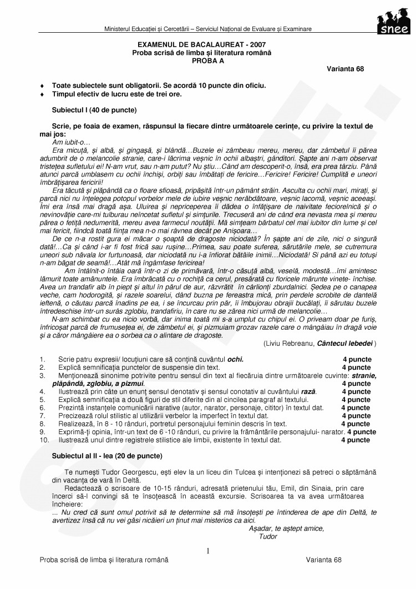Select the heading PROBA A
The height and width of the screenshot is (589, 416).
coord(208,59)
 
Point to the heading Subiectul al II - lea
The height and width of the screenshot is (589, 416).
coord(107,456)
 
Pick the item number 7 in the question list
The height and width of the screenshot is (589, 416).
coord(42,416)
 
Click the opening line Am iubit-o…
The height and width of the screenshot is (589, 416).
coord(67,142)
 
